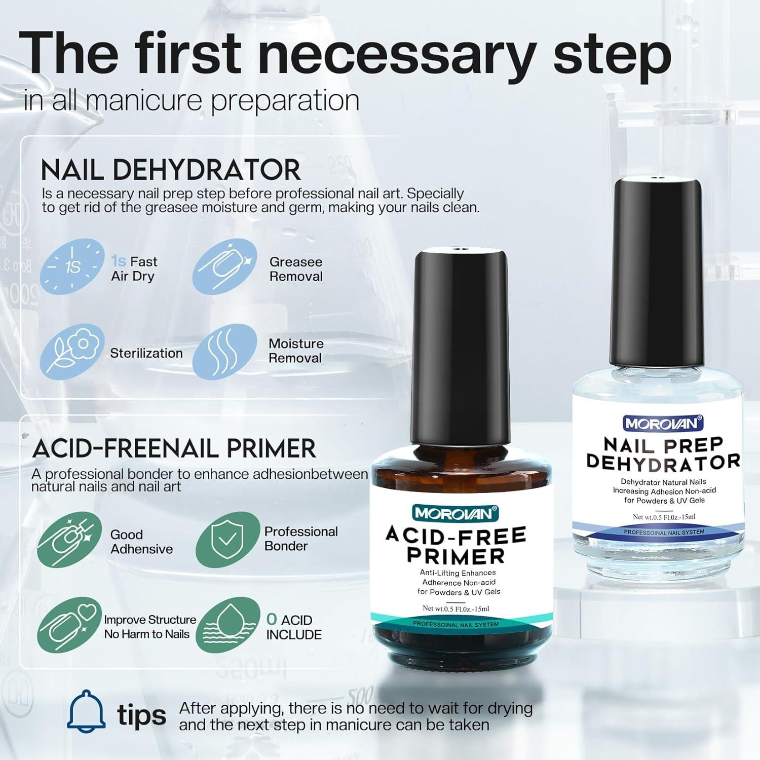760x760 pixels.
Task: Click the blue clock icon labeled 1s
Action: tap(72, 267)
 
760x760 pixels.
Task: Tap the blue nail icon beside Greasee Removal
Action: tap(224, 267)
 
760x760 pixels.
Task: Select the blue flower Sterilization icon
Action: tap(72, 352)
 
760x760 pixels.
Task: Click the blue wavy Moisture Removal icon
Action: tap(224, 352)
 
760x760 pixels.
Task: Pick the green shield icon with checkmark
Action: tap(227, 539)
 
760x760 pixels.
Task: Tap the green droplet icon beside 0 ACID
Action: tap(227, 626)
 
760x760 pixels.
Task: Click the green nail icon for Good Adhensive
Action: tap(69, 539)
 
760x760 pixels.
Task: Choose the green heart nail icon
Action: tap(69, 626)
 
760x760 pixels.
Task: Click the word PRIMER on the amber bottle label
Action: tap(456, 556)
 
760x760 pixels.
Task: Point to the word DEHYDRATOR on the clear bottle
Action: tap(663, 462)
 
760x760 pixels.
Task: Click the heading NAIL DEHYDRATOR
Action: tap(171, 170)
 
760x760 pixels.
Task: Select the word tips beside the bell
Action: tap(141, 715)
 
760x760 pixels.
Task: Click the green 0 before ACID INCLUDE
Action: tap(272, 619)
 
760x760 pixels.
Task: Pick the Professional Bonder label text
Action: tap(300, 539)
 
